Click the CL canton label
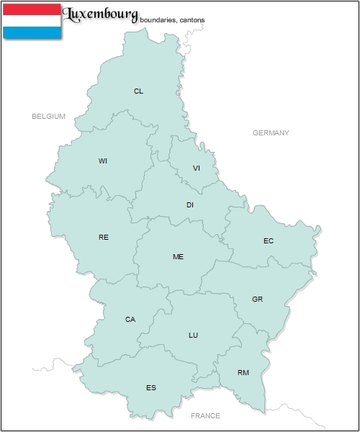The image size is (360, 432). pyautogui.click(x=138, y=91)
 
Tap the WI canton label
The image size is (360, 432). pyautogui.click(x=103, y=161)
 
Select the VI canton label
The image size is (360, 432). pyautogui.click(x=197, y=168)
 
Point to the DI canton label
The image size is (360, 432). pyautogui.click(x=190, y=205)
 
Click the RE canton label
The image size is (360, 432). pyautogui.click(x=104, y=237)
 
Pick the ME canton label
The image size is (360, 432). pyautogui.click(x=178, y=257)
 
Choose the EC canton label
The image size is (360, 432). pyautogui.click(x=269, y=241)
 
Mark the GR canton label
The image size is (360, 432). pyautogui.click(x=257, y=299)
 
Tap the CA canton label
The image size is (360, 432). pyautogui.click(x=130, y=320)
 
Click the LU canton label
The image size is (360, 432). pyautogui.click(x=193, y=336)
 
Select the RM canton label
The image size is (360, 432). pyautogui.click(x=243, y=373)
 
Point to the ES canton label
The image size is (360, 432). pyautogui.click(x=151, y=388)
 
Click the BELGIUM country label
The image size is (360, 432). pyautogui.click(x=49, y=116)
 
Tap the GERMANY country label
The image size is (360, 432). pyautogui.click(x=271, y=133)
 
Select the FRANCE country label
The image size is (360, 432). pyautogui.click(x=205, y=416)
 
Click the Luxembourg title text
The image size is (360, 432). pyautogui.click(x=101, y=14)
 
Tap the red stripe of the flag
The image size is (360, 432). pyautogui.click(x=32, y=9)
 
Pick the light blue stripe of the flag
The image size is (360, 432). pyautogui.click(x=32, y=32)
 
